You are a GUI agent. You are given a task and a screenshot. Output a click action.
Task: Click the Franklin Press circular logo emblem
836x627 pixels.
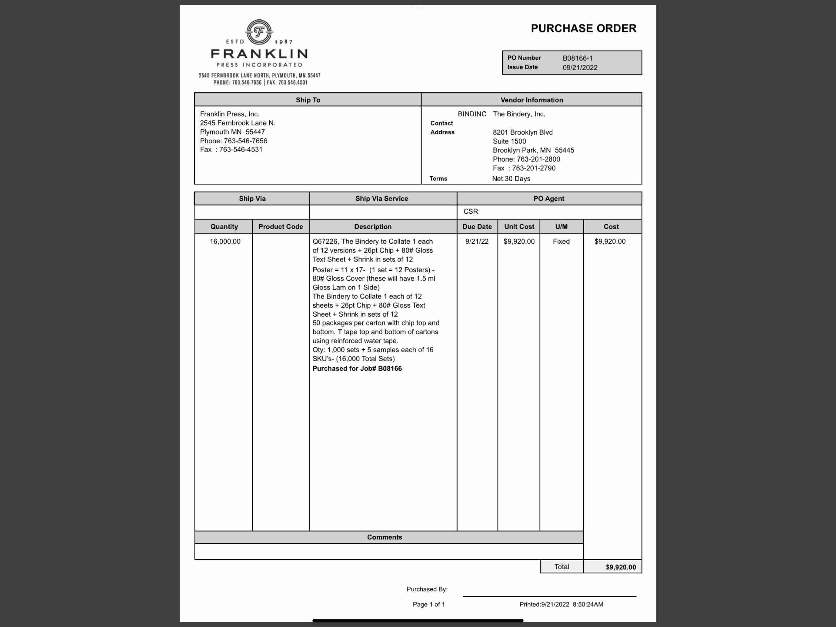(259, 32)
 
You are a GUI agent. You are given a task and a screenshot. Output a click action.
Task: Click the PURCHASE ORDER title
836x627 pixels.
(583, 28)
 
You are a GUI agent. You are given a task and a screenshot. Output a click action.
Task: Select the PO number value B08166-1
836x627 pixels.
(577, 58)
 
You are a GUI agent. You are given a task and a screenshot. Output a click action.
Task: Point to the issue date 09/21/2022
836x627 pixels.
(580, 68)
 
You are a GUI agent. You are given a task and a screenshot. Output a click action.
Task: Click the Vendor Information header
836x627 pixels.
(532, 100)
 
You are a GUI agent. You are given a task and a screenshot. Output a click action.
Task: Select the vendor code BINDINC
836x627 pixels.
(472, 114)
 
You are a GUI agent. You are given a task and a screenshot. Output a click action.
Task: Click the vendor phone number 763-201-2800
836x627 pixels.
(538, 159)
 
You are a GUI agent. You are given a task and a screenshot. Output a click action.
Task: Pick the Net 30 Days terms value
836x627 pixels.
(511, 178)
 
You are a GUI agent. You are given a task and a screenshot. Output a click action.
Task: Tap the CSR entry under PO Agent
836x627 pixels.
(471, 211)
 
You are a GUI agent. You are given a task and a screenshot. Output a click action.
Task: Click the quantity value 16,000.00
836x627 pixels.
(225, 241)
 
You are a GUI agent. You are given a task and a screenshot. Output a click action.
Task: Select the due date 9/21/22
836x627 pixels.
(476, 241)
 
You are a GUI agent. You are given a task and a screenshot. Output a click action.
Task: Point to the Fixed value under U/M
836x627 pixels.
(561, 241)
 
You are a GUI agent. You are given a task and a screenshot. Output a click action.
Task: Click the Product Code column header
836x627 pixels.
(280, 227)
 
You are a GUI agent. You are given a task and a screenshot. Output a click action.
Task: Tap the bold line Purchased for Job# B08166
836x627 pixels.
(357, 368)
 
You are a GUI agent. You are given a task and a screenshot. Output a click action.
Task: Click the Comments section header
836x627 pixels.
(384, 537)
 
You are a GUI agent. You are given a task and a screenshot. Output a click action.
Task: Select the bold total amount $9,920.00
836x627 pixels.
(621, 567)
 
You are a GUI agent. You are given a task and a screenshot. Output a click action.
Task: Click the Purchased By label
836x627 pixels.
(427, 589)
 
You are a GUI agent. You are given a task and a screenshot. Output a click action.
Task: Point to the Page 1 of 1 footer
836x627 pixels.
(429, 604)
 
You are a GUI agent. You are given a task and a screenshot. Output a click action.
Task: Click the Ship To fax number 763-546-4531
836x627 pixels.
(241, 149)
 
